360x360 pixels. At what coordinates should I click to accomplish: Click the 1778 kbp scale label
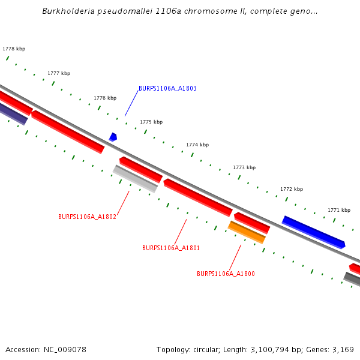pyautogui.click(x=14, y=49)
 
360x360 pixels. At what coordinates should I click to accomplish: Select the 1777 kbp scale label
pyautogui.click(x=59, y=73)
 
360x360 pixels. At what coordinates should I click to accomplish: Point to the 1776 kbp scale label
pyautogui.click(x=105, y=98)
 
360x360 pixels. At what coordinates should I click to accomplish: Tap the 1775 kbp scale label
pyautogui.click(x=151, y=122)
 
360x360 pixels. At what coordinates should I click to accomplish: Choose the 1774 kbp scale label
pyautogui.click(x=197, y=145)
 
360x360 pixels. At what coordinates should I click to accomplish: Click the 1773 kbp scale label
pyautogui.click(x=244, y=167)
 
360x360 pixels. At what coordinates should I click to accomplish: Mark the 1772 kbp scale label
pyautogui.click(x=292, y=189)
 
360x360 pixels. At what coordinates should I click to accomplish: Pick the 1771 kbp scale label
pyautogui.click(x=339, y=210)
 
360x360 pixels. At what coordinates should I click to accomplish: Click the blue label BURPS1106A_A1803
pyautogui.click(x=167, y=88)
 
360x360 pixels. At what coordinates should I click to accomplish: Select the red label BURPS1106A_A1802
pyautogui.click(x=87, y=217)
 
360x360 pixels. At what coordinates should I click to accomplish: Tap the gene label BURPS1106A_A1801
pyautogui.click(x=171, y=248)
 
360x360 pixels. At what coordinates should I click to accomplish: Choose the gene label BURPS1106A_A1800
pyautogui.click(x=226, y=274)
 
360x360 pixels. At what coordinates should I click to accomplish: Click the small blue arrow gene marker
pyautogui.click(x=113, y=137)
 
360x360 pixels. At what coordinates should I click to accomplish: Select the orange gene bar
pyautogui.click(x=247, y=232)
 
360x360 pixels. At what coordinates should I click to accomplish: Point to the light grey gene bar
pyautogui.click(x=135, y=179)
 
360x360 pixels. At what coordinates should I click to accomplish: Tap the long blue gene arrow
pyautogui.click(x=313, y=232)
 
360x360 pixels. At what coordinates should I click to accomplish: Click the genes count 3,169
pyautogui.click(x=343, y=349)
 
